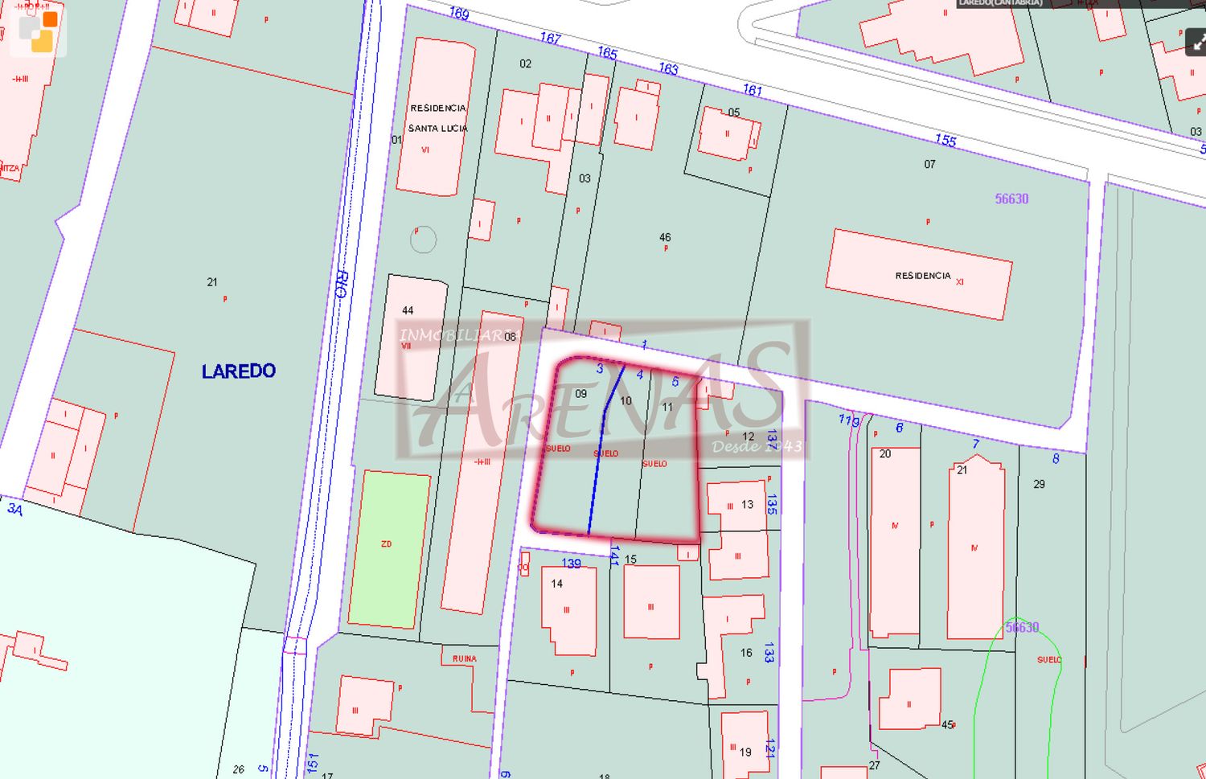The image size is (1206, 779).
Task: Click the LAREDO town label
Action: [239, 371]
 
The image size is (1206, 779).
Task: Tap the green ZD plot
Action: [388, 548]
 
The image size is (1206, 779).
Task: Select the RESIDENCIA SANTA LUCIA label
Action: [437, 118]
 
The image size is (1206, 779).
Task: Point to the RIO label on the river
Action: [341, 285]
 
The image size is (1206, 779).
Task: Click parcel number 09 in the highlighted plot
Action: [581, 393]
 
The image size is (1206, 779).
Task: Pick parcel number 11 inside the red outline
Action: [667, 407]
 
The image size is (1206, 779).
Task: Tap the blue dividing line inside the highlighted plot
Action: [596, 466]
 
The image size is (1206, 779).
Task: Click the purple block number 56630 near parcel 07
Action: [1011, 199]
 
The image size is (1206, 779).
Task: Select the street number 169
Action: [459, 14]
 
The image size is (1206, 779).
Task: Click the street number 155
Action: [946, 140]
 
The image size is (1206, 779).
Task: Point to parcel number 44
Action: [408, 310]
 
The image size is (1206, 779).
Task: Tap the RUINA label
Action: [464, 659]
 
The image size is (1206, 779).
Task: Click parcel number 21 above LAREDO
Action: [212, 282]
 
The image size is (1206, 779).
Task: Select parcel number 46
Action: [665, 237]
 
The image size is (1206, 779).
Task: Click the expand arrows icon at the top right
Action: [1196, 42]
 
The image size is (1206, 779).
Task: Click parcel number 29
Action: [1039, 484]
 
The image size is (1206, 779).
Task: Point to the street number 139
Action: [571, 564]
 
